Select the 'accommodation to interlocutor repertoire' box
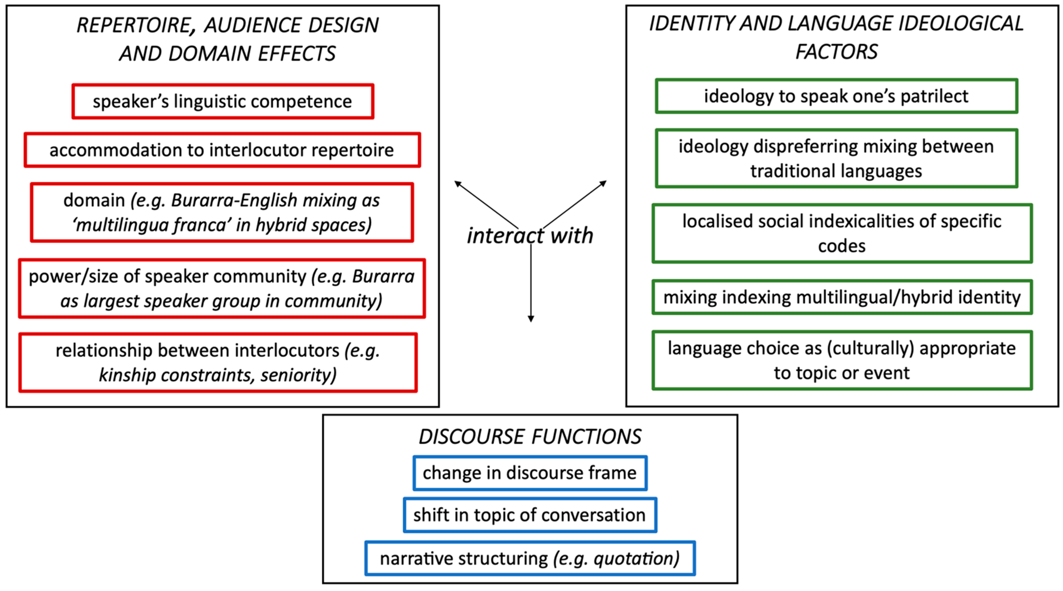(222, 150)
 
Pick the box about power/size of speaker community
(222, 288)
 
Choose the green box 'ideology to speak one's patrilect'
(836, 96)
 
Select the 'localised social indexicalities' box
(842, 233)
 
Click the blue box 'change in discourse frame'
(530, 473)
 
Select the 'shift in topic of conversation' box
(530, 515)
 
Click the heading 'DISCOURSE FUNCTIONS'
(530, 436)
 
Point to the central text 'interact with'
(530, 236)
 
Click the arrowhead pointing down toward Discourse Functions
(531, 318)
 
